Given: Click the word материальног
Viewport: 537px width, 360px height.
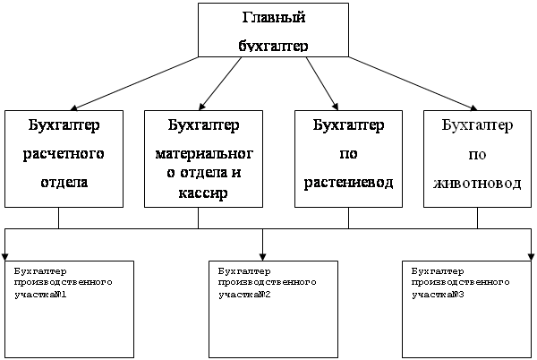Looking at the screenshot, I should click(x=198, y=153).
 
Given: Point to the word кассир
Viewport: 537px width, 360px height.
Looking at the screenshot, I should click(x=198, y=193).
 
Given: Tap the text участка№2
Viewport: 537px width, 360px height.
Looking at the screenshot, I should click(x=243, y=292).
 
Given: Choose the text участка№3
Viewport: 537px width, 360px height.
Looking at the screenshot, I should click(x=437, y=292).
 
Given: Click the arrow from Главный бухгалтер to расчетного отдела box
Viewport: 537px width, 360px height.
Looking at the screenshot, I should click(x=134, y=82).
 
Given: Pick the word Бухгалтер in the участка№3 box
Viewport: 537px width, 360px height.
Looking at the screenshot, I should click(x=435, y=269).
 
